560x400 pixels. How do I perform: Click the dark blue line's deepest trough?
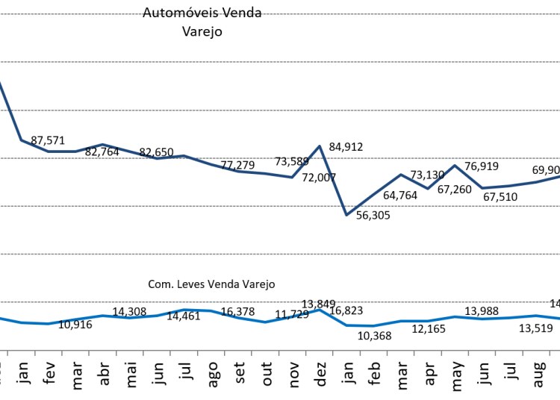tap(346, 215)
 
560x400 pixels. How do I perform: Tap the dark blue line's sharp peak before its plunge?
tap(320, 146)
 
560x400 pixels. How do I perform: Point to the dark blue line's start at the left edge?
tap(1, 83)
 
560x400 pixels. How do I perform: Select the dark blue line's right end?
tap(559, 177)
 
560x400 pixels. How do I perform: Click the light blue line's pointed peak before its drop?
tap(320, 309)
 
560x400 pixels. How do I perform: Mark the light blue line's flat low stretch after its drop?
tap(361, 325)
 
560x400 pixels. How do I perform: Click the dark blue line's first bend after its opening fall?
tap(21, 140)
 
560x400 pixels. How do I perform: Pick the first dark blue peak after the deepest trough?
tap(401, 175)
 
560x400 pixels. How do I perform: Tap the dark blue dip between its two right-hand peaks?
tap(428, 188)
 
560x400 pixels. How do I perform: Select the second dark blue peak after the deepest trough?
tap(455, 165)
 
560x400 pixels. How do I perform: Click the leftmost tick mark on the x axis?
tap(7, 352)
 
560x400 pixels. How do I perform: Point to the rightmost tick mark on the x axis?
tap(550, 352)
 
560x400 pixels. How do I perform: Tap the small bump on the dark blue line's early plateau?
tap(102, 144)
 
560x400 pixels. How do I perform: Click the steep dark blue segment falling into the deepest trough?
tap(333, 181)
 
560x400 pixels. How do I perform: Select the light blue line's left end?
tap(1, 318)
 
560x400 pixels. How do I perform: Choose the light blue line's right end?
tap(559, 319)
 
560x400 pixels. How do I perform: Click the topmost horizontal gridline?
tap(280, 14)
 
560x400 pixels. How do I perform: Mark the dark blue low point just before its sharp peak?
tap(292, 177)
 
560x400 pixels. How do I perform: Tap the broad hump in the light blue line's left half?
tap(190, 310)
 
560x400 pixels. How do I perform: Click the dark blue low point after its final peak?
tap(482, 187)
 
